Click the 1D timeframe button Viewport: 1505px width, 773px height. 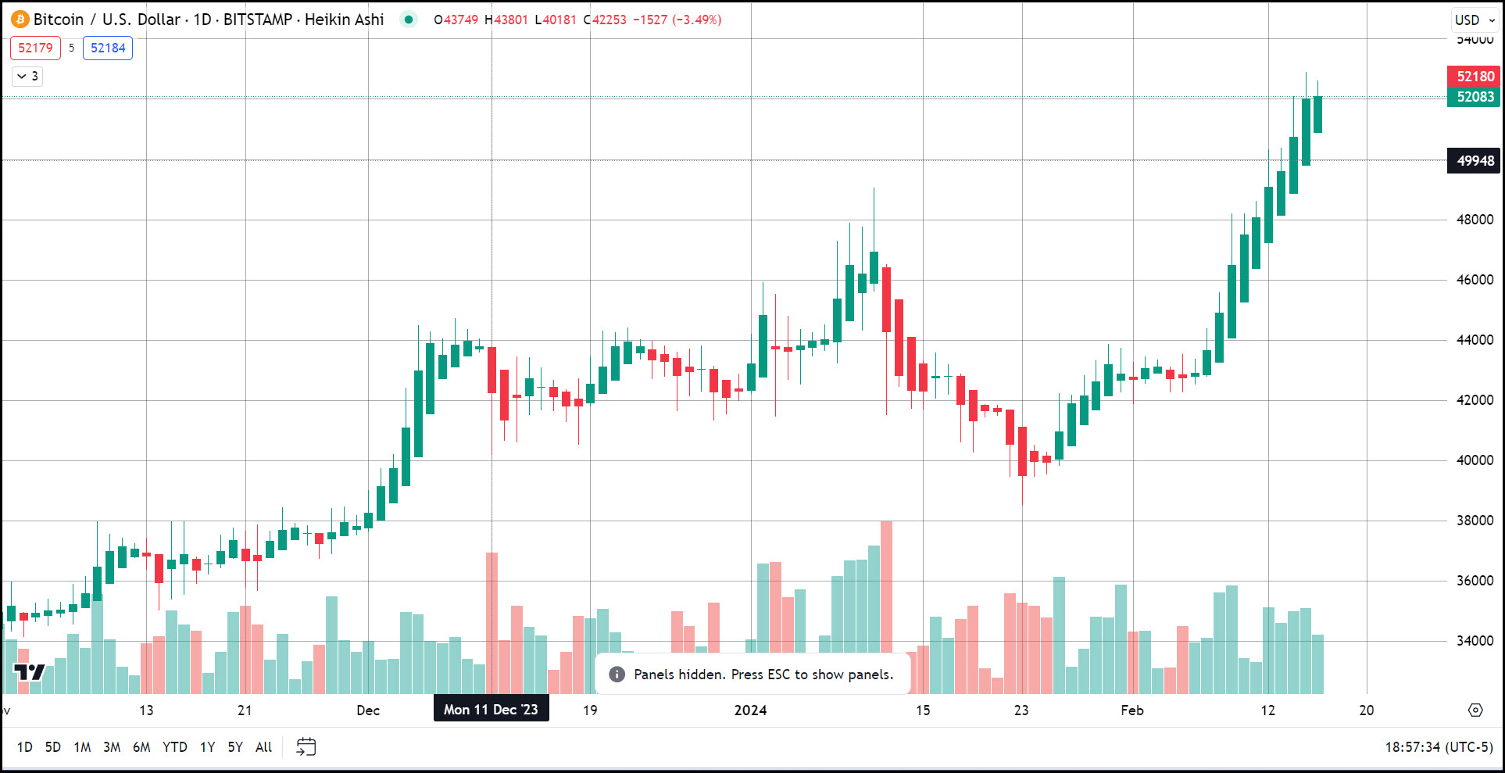(x=25, y=747)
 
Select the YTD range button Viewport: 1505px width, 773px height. (x=174, y=747)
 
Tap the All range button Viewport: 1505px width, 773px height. (x=263, y=747)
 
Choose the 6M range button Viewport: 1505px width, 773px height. (x=141, y=747)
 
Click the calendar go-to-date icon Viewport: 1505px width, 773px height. (x=306, y=747)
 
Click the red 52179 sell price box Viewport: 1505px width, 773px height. (x=35, y=48)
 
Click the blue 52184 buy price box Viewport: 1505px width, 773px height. (x=108, y=48)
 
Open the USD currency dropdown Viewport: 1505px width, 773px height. (x=1474, y=20)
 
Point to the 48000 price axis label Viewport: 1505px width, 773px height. (x=1475, y=220)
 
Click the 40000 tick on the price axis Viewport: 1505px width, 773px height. (x=1475, y=460)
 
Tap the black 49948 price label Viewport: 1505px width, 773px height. (x=1475, y=161)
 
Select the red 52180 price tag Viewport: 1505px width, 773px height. (x=1475, y=77)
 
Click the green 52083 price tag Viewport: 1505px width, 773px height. (x=1475, y=97)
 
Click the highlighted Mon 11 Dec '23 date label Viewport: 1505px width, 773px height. (x=491, y=710)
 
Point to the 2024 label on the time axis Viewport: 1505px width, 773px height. (x=750, y=710)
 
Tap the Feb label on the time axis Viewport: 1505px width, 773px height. (x=1132, y=710)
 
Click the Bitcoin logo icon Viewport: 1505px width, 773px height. (x=20, y=20)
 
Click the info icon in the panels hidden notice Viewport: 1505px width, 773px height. (x=617, y=675)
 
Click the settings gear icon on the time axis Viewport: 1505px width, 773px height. (x=1475, y=710)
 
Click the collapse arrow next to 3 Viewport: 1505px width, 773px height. (x=22, y=76)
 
